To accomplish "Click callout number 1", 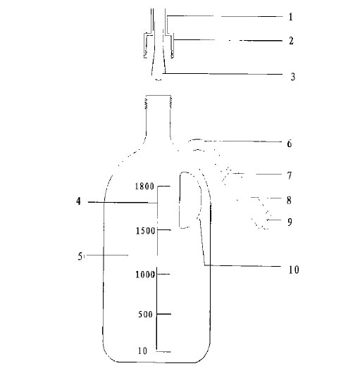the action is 291,17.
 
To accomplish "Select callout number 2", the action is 291,41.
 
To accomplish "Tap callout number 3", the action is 292,77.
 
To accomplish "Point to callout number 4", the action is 78,201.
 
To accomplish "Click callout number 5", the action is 80,256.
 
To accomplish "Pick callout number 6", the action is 290,144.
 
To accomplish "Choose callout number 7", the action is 290,175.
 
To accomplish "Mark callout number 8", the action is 289,201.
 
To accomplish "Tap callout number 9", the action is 290,222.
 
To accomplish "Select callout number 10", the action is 294,270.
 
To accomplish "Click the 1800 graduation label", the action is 144,187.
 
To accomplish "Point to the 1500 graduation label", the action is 145,231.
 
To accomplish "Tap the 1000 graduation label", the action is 145,274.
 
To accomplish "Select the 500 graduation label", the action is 145,315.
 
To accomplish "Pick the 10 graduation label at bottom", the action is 142,351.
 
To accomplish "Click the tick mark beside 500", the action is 164,314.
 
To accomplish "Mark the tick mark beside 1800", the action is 164,186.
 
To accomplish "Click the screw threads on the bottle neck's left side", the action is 147,103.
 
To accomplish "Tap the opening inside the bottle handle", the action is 190,200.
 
